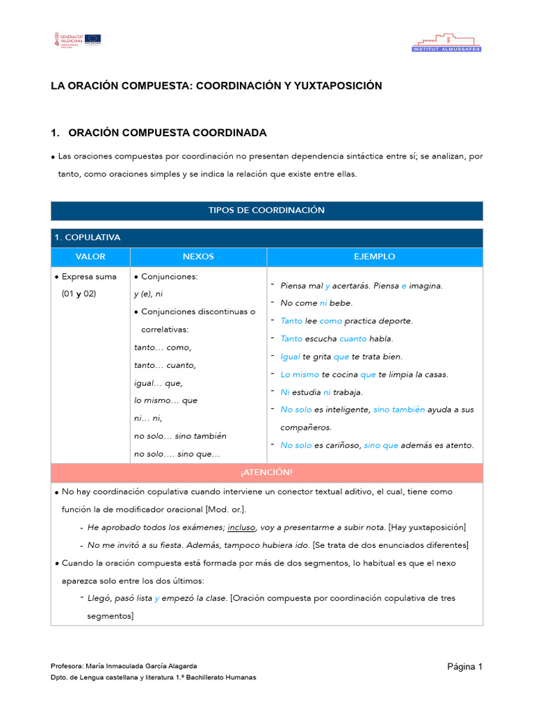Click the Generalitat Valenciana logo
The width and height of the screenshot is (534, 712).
coord(67,39)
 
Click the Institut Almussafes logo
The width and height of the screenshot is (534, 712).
coord(446,42)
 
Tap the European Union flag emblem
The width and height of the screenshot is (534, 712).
coord(93,38)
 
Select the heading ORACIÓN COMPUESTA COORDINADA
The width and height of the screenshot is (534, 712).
coord(167,133)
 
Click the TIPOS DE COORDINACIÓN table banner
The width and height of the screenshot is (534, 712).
coord(266,210)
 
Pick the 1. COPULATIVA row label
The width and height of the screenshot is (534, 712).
coord(88,238)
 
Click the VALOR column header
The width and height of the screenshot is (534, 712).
coord(90,257)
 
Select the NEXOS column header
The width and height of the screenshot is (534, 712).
coord(198,257)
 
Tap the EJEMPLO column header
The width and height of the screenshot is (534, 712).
coord(374,257)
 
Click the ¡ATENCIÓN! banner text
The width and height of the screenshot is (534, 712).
coord(266,472)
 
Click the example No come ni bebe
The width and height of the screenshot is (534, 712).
coord(316,303)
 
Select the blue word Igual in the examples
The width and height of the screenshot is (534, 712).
coord(290,357)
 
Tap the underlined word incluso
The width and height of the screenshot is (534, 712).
coord(241,527)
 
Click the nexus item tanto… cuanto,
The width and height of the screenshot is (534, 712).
coord(165,365)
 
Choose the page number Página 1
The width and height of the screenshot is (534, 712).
coord(464,667)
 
